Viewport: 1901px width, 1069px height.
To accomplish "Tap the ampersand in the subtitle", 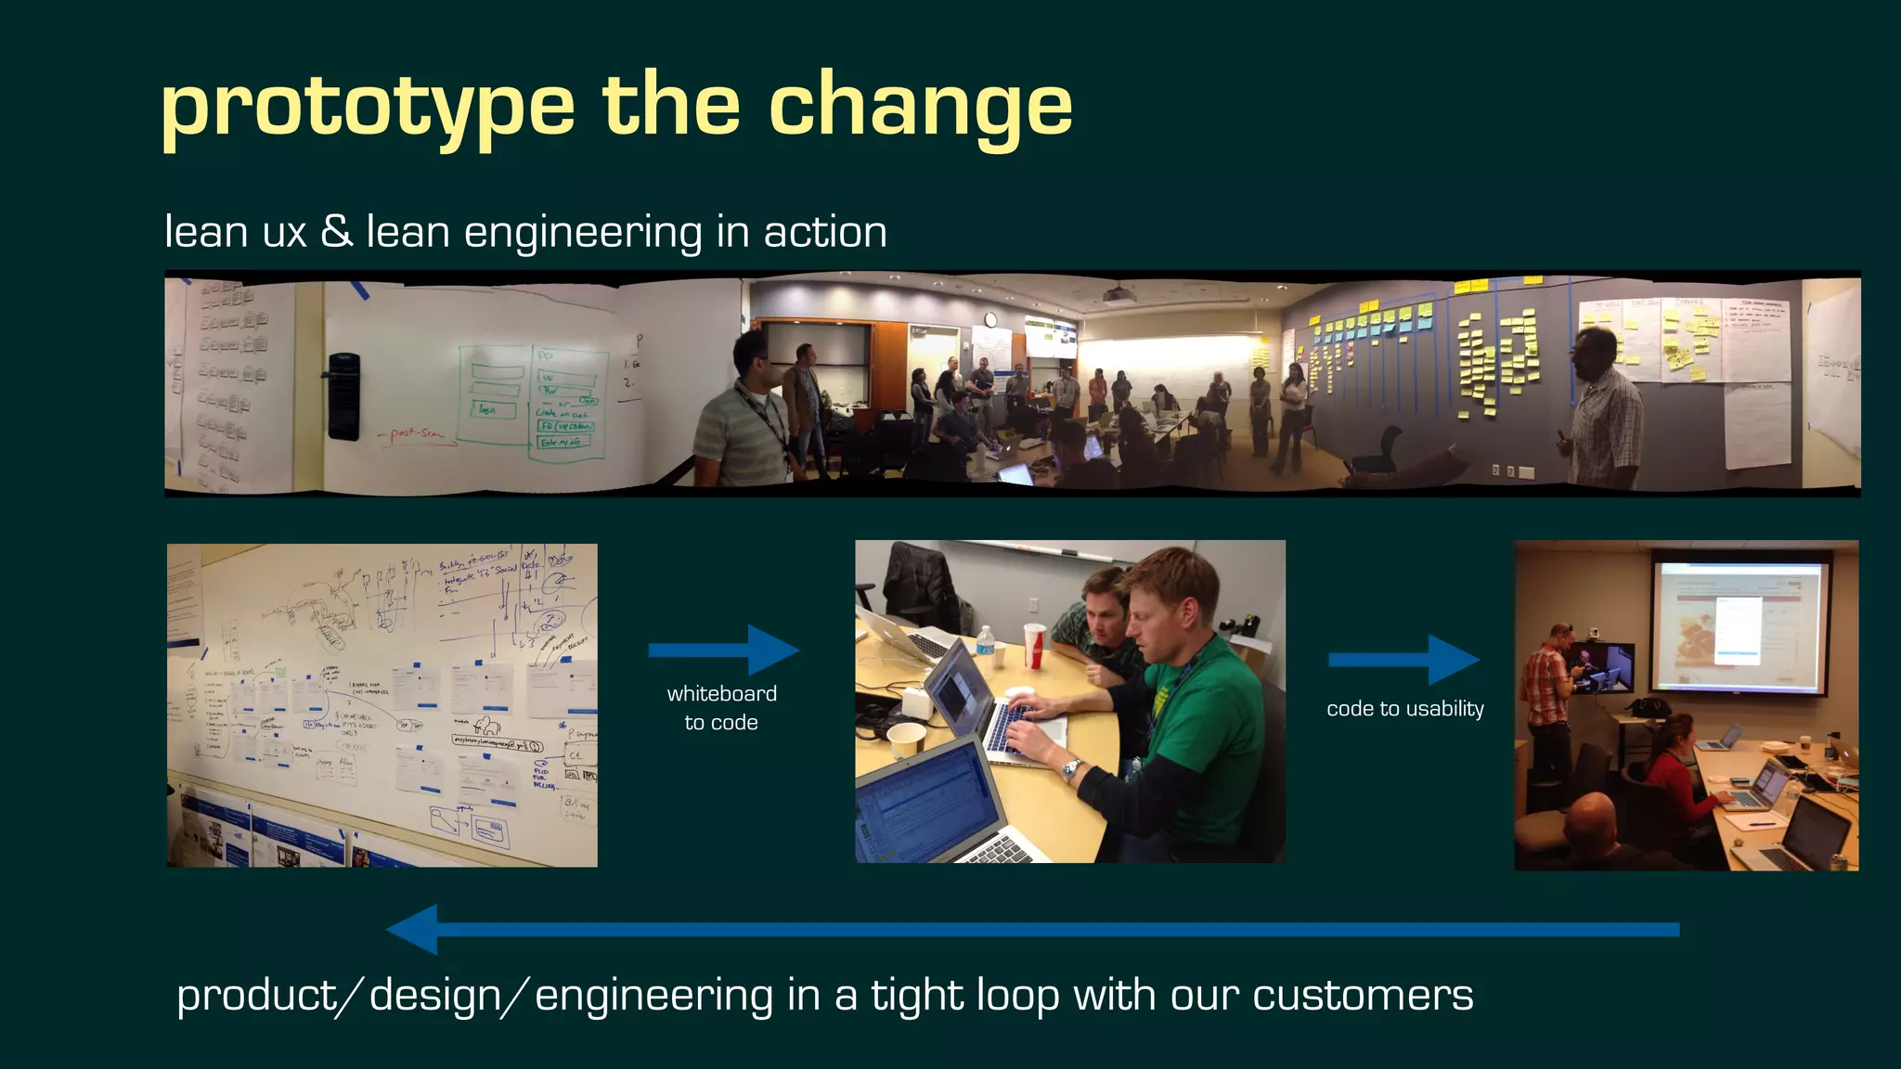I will (336, 231).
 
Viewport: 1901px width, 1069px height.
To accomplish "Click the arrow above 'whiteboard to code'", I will (723, 650).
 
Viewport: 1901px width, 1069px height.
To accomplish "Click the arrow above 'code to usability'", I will (1403, 660).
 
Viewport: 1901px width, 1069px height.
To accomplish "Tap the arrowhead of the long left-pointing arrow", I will (414, 929).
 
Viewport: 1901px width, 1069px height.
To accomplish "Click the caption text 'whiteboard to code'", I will (721, 707).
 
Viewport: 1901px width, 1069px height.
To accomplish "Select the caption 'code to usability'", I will (1404, 709).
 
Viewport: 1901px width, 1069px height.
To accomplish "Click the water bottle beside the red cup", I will (986, 647).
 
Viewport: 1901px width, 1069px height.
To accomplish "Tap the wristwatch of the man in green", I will (1071, 768).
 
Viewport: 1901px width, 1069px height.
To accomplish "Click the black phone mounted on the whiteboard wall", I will (343, 396).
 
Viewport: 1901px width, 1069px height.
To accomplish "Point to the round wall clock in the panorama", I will (991, 320).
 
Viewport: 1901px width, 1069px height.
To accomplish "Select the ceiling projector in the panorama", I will (1119, 295).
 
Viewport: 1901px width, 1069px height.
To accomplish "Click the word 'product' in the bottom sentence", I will (256, 996).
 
